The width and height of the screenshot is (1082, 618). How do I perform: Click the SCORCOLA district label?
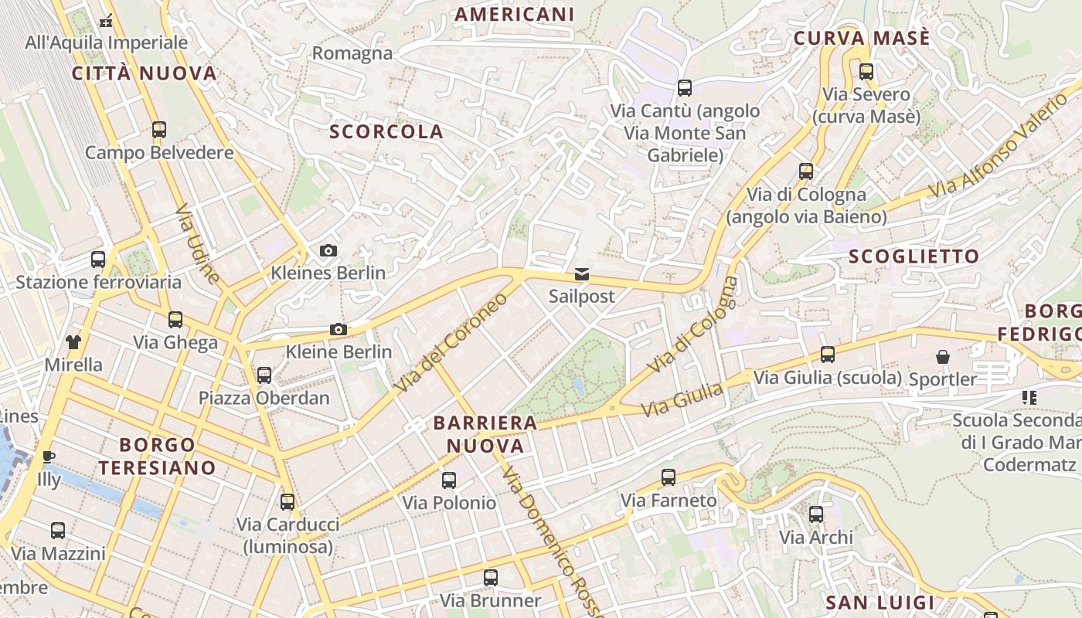(x=386, y=131)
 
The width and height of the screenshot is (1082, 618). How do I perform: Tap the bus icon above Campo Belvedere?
(x=159, y=130)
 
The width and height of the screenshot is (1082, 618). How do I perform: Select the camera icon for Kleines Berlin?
(x=328, y=251)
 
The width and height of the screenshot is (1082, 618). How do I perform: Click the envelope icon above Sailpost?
(x=581, y=275)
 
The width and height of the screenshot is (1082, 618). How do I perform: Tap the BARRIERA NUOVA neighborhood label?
(x=485, y=434)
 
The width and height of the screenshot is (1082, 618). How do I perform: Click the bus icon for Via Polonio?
(x=449, y=480)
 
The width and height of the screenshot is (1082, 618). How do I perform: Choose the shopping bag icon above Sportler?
(x=943, y=357)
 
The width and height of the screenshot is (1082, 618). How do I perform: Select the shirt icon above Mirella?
(x=73, y=341)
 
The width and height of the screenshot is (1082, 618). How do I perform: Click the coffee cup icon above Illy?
(x=49, y=457)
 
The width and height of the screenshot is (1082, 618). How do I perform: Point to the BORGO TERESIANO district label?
(x=157, y=456)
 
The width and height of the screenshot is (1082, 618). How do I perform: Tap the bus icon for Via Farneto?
(x=669, y=477)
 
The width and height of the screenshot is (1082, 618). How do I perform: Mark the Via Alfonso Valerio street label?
(x=997, y=147)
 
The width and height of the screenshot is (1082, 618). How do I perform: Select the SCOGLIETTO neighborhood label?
(x=914, y=256)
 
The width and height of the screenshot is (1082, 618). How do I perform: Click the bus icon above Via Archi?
(x=816, y=514)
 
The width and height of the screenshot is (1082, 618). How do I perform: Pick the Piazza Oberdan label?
(x=264, y=399)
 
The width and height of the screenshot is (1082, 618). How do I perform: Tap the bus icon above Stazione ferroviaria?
(x=98, y=260)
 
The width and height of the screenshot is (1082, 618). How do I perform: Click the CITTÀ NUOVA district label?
(x=145, y=73)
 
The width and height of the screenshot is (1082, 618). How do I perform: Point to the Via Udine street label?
(x=198, y=243)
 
